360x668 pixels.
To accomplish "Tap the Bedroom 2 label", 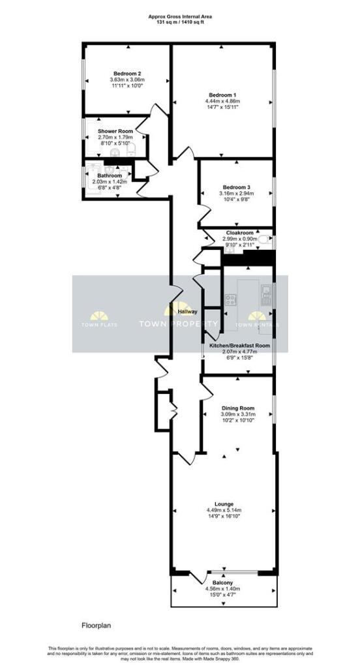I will [x=127, y=74].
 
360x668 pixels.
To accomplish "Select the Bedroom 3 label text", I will [x=235, y=187].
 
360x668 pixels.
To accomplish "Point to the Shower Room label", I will [x=115, y=131].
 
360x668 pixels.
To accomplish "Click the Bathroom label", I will [x=110, y=175].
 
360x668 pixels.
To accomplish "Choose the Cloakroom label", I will [x=239, y=233].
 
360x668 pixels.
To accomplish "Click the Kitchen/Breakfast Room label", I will [x=239, y=345].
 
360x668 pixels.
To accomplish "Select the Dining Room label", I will [x=237, y=408].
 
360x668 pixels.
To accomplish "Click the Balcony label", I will [x=223, y=583].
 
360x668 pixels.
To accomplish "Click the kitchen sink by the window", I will [x=266, y=295].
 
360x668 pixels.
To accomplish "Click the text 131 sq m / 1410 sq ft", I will [x=179, y=21].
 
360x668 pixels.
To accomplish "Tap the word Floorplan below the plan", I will [x=97, y=625].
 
